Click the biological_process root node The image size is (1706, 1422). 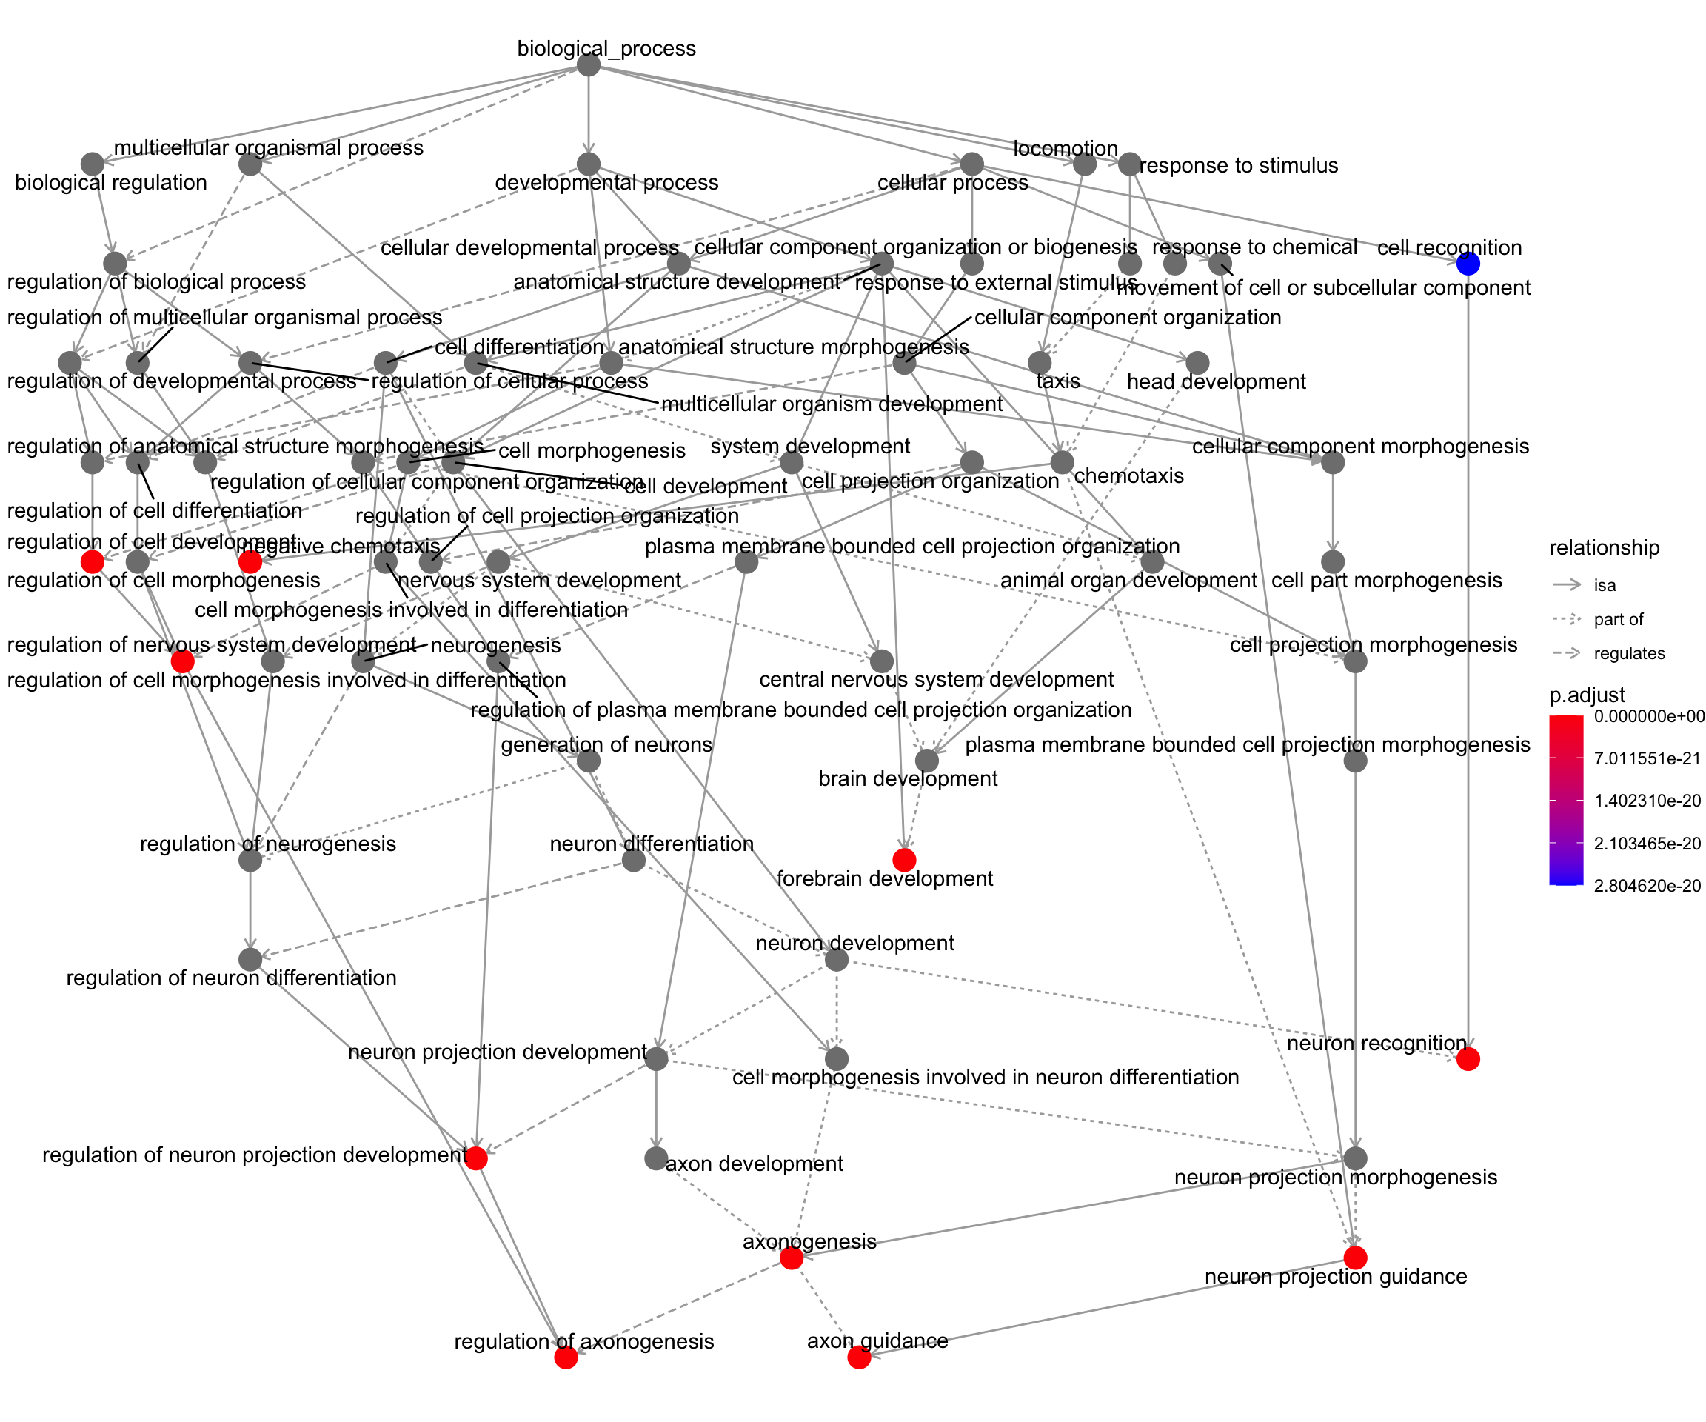(x=588, y=65)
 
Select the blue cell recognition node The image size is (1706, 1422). (x=1467, y=263)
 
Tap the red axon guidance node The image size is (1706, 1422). (x=859, y=1357)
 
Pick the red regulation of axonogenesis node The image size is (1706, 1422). (x=566, y=1357)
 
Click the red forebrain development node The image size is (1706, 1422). (x=904, y=860)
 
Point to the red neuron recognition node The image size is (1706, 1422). (x=1467, y=1059)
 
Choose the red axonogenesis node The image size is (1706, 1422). (x=792, y=1258)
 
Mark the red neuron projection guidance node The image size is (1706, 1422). (x=1355, y=1257)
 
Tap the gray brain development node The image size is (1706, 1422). (x=927, y=761)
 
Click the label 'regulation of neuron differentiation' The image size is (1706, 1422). (x=232, y=978)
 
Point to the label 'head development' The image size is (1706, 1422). (x=1216, y=382)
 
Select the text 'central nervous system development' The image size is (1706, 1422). (x=936, y=679)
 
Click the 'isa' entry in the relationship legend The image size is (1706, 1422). (x=1605, y=585)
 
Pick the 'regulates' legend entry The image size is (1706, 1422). (x=1629, y=653)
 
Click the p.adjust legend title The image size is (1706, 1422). (x=1587, y=695)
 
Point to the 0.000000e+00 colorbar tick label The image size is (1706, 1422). (x=1648, y=716)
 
